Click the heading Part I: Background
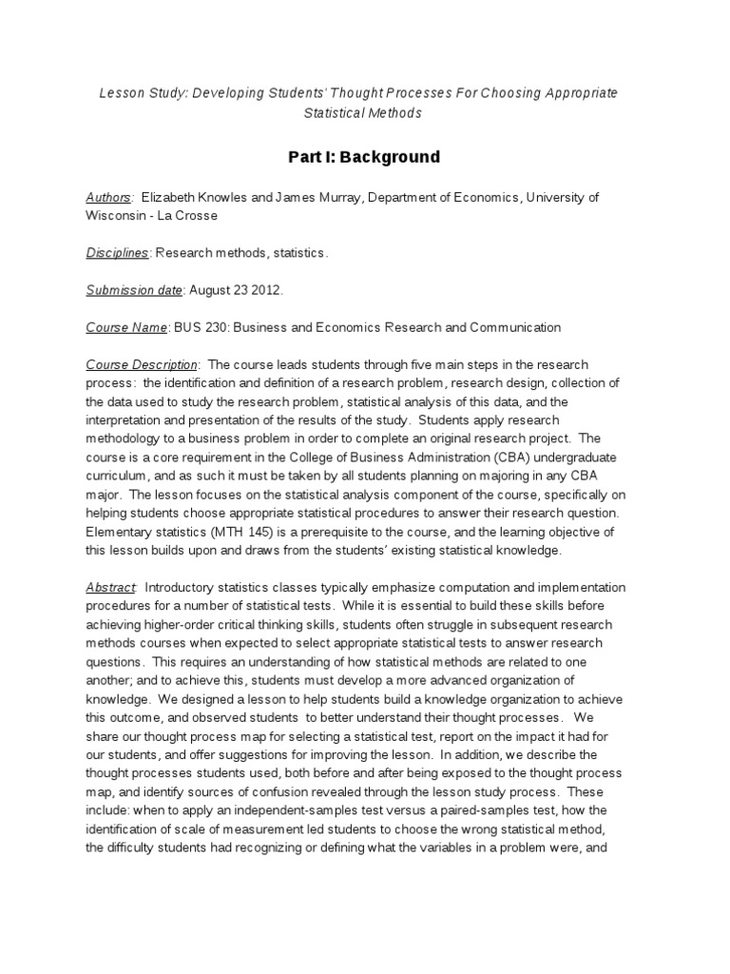coord(364,157)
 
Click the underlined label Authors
coord(108,197)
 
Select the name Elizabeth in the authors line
coord(173,197)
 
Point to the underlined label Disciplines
coord(118,253)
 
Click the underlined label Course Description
coord(142,364)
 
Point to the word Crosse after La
coord(198,215)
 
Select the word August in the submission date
coord(209,290)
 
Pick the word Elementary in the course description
coord(118,532)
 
